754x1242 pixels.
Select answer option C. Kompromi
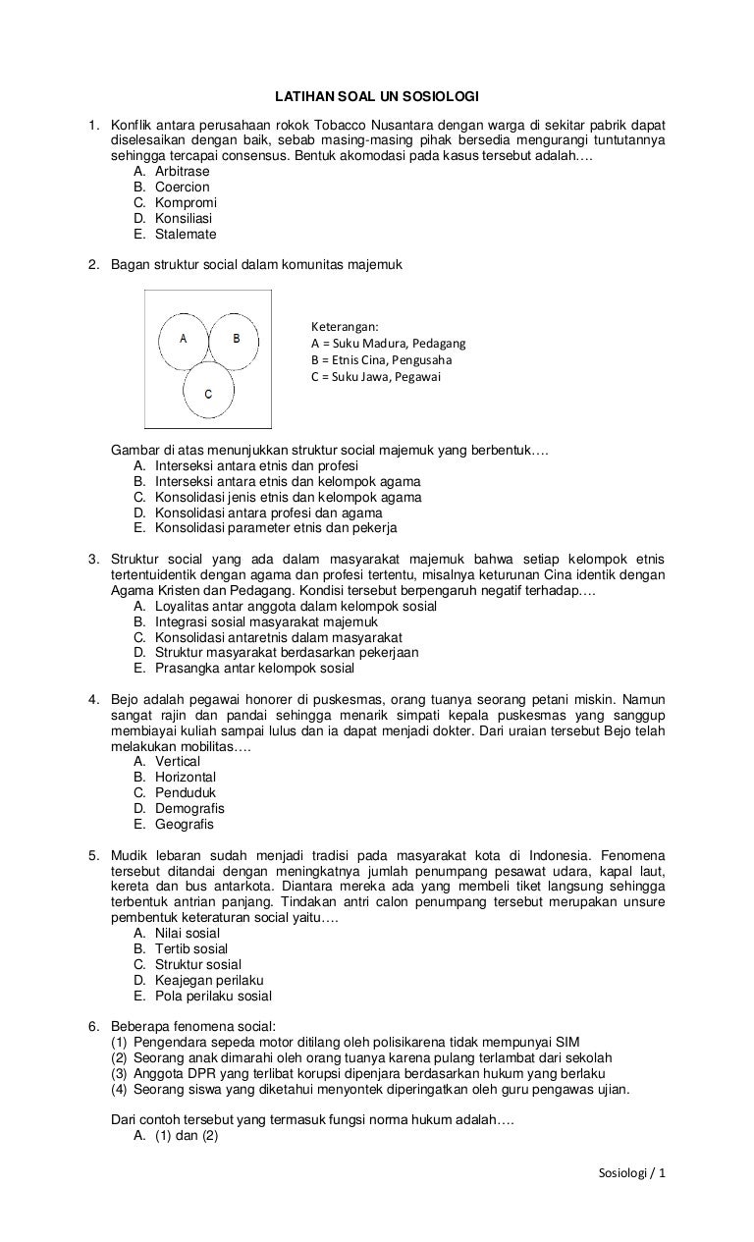174,203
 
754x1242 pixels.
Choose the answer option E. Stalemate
174,235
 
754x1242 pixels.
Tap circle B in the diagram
235,339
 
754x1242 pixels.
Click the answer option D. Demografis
178,809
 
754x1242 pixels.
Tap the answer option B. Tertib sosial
180,949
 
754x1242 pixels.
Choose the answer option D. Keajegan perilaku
197,981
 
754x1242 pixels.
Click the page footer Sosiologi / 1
631,1174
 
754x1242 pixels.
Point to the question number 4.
93,700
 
